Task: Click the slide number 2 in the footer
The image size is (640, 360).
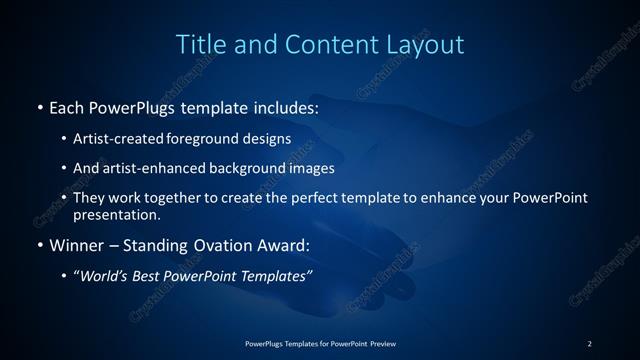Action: click(590, 344)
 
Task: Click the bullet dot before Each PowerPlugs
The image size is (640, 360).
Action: click(39, 105)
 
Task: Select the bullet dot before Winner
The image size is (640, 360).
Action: click(39, 244)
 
